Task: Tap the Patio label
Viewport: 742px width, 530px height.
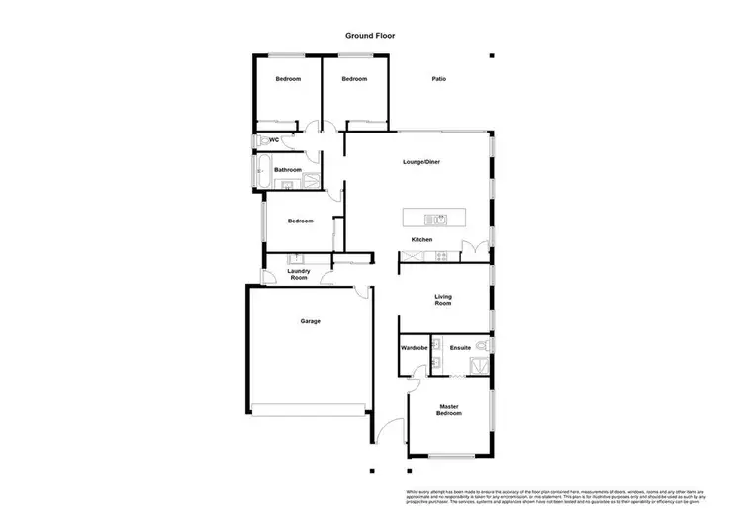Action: pos(437,79)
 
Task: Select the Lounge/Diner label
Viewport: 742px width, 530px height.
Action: pos(420,162)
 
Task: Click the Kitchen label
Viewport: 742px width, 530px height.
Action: pos(422,240)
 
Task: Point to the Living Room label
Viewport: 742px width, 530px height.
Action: pos(443,300)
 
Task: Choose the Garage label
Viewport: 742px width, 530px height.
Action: pos(311,321)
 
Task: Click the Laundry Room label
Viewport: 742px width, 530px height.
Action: pos(299,274)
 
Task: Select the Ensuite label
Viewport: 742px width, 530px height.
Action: pos(460,348)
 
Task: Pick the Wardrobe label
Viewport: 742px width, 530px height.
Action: pos(414,348)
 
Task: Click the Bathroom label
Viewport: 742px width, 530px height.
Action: pos(288,170)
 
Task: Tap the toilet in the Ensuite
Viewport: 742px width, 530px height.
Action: pos(481,346)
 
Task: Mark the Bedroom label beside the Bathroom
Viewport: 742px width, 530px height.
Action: pos(301,221)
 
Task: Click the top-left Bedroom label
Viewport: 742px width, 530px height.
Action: pos(288,79)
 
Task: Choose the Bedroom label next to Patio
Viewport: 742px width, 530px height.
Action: pos(354,79)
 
